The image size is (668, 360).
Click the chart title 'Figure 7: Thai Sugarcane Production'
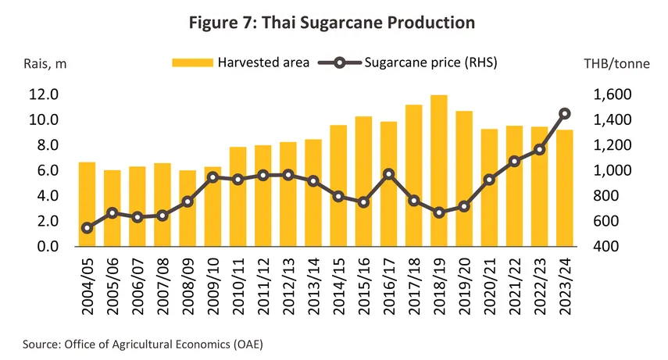pos(333,23)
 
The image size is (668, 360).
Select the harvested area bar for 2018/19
pos(441,172)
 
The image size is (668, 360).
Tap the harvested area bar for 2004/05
pos(88,205)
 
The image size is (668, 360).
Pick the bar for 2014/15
pos(340,186)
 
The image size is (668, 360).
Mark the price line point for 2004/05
pos(88,228)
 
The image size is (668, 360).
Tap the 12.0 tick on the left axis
pos(44,94)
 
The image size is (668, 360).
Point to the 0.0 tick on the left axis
pos(48,247)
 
